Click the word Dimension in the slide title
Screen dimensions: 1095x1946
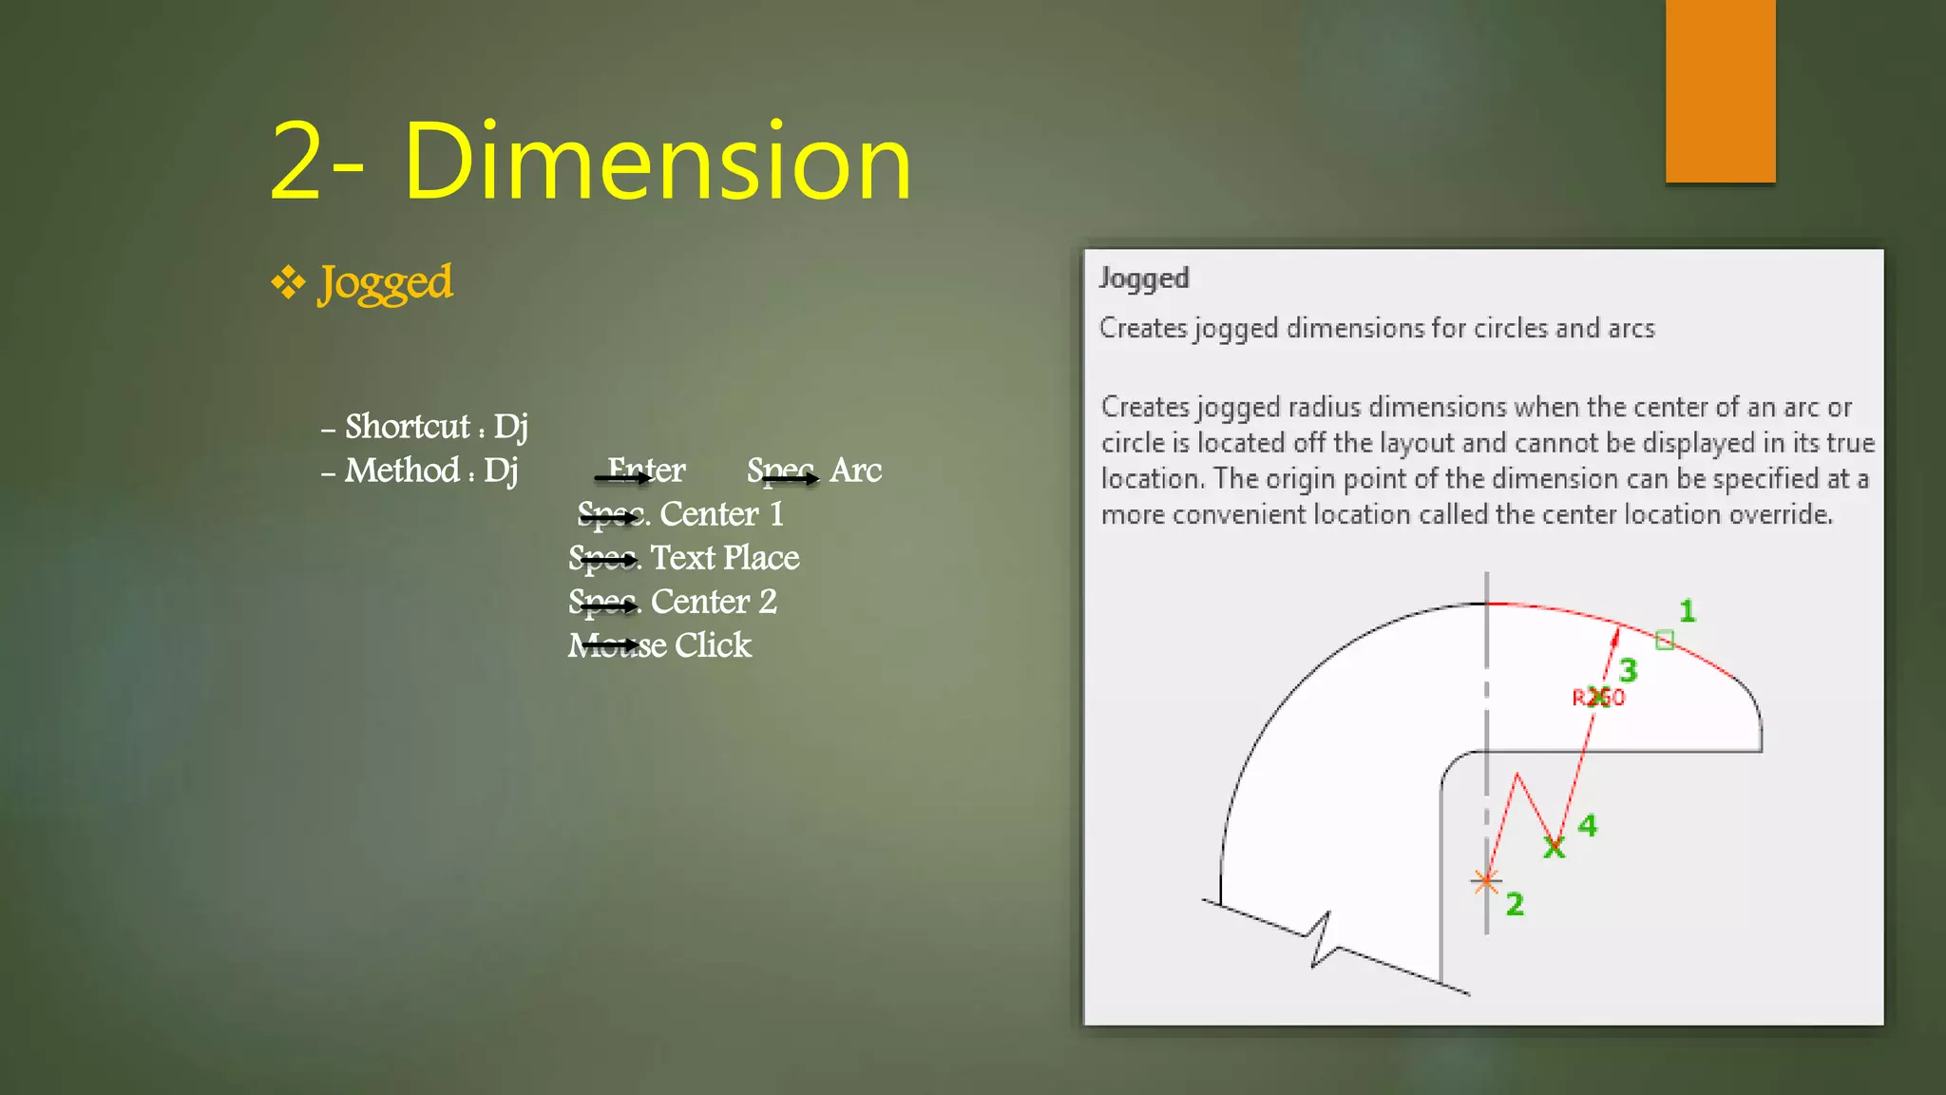pyautogui.click(x=657, y=162)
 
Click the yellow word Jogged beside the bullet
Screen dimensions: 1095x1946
pyautogui.click(x=385, y=283)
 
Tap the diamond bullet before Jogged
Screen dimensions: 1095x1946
pyautogui.click(x=287, y=282)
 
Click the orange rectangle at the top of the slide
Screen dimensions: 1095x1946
pyautogui.click(x=1720, y=90)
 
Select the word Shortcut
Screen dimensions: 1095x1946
pyautogui.click(x=407, y=427)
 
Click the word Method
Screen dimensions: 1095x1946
pyautogui.click(x=402, y=471)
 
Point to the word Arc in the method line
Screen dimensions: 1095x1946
pyautogui.click(x=855, y=471)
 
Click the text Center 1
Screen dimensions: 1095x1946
pyautogui.click(x=721, y=514)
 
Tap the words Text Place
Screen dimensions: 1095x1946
pyautogui.click(x=724, y=558)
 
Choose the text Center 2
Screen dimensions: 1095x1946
pyautogui.click(x=714, y=602)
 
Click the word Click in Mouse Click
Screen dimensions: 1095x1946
pyautogui.click(x=713, y=645)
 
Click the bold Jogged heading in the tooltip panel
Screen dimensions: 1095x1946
pyautogui.click(x=1144, y=279)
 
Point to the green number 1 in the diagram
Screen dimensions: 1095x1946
pyautogui.click(x=1687, y=611)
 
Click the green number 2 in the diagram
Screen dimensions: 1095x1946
pyautogui.click(x=1515, y=904)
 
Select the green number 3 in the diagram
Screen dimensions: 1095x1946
pyautogui.click(x=1628, y=671)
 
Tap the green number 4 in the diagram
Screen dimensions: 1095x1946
pyautogui.click(x=1587, y=825)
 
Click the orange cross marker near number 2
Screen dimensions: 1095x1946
pyautogui.click(x=1485, y=881)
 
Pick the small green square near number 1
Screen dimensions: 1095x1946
pyautogui.click(x=1664, y=640)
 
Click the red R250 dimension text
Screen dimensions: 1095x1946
pyautogui.click(x=1598, y=698)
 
